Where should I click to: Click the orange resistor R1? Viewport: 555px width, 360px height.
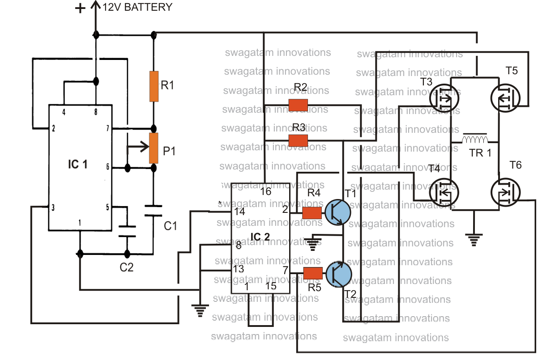[154, 86]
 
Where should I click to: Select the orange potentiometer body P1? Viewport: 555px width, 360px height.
[154, 148]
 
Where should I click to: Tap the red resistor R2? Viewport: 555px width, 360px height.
[298, 105]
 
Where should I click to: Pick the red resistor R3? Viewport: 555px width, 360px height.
[298, 140]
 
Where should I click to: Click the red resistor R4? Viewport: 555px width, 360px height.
[312, 213]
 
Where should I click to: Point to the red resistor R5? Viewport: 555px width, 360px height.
[313, 273]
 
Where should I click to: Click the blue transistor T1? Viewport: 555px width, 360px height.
[338, 212]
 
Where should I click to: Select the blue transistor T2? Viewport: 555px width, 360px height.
[339, 274]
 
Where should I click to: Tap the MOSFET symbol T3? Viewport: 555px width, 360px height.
[444, 98]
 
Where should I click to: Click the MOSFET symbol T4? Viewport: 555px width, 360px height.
[444, 193]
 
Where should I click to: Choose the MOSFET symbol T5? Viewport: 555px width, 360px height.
[505, 98]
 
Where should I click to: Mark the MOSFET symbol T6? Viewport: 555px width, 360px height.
[505, 192]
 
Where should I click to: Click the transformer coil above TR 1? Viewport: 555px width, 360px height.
[475, 139]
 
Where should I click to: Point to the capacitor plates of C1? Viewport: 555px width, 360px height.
[154, 211]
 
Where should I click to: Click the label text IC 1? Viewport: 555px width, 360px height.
[78, 165]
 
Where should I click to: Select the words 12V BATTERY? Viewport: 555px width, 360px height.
[137, 7]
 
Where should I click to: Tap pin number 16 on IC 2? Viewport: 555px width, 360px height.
[265, 191]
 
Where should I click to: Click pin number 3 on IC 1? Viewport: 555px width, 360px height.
[53, 208]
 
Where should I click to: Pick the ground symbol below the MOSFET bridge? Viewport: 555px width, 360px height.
[474, 240]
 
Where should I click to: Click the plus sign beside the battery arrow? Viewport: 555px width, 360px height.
[80, 8]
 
